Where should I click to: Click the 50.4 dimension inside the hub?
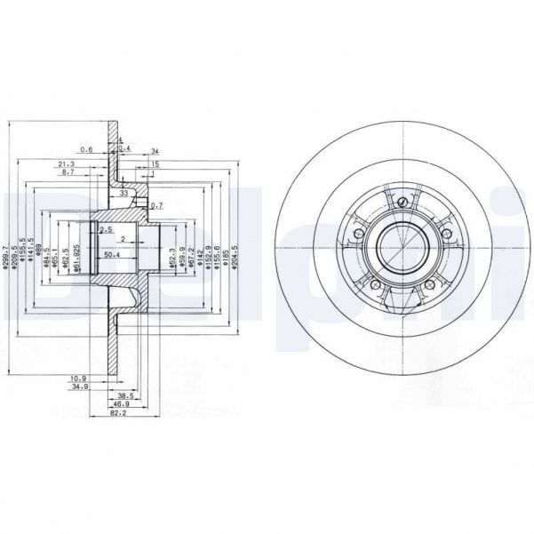pos(113,256)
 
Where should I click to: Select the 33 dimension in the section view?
pos(124,192)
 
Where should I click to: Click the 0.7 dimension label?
pos(156,205)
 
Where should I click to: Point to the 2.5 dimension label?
pos(107,230)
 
